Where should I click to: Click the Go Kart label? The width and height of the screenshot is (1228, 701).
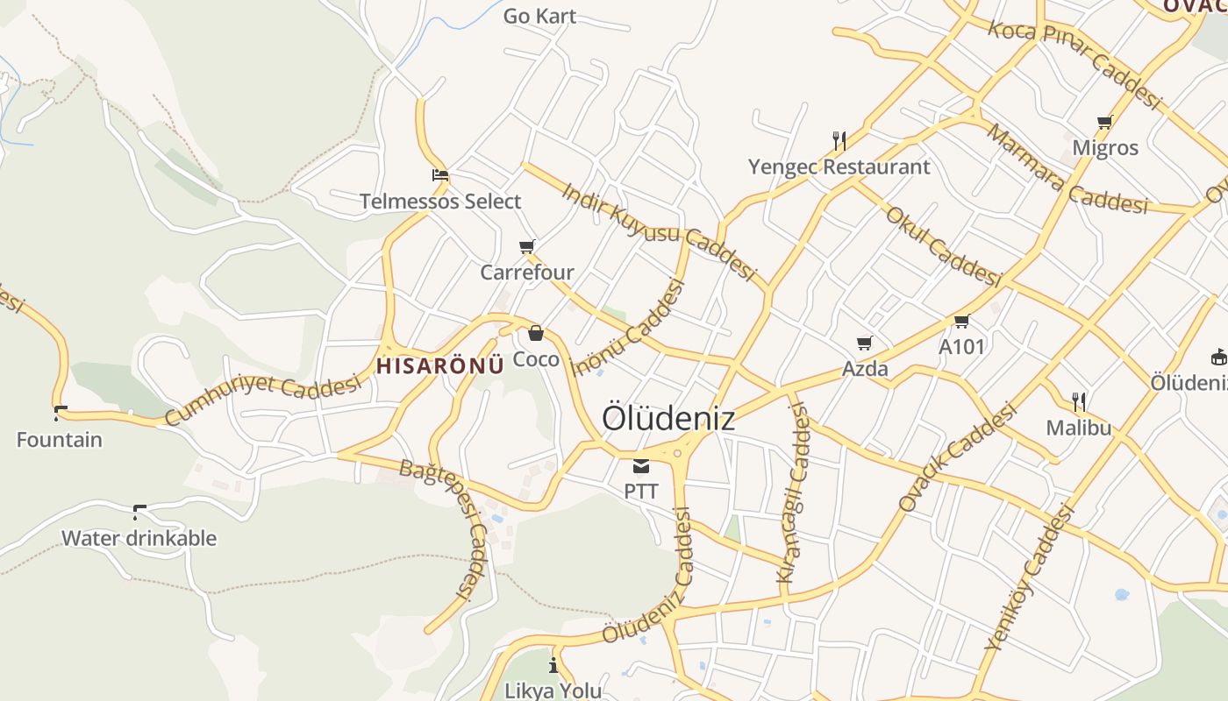point(539,16)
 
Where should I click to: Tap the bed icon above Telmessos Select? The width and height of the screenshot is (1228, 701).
point(440,175)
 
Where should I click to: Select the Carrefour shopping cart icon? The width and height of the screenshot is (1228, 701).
point(526,247)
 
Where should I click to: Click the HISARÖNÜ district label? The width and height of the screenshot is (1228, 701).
point(440,365)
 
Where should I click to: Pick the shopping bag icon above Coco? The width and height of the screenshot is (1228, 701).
point(536,334)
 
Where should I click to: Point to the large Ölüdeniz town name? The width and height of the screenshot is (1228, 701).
point(668,419)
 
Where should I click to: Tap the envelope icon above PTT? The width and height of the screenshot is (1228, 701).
point(641,465)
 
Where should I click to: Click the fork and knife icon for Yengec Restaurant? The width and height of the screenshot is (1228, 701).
point(839,140)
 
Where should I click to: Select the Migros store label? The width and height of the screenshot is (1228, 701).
point(1105,147)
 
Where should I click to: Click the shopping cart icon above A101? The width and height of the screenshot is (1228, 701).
point(962,322)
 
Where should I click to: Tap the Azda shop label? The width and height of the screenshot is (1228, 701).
point(865,368)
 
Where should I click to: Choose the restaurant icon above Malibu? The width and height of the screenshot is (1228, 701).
point(1079,402)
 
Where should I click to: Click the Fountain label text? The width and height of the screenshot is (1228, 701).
point(60,439)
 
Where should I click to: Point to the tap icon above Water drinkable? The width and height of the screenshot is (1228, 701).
point(139,512)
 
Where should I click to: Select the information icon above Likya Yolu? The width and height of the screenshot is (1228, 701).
point(553,664)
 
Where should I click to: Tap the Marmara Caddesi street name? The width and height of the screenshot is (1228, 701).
point(1067,172)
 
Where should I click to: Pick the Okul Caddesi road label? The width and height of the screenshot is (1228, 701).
point(943,247)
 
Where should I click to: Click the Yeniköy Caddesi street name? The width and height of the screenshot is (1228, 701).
point(1030,577)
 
